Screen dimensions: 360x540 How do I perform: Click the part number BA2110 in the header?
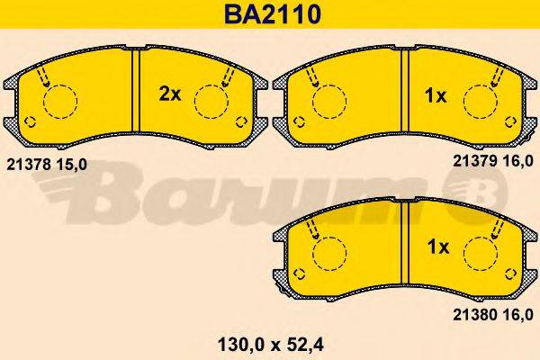point(269,14)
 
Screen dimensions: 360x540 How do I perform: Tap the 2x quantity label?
point(170,94)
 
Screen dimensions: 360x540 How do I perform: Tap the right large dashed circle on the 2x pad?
point(212,101)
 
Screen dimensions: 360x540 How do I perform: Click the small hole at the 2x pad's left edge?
point(29,122)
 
